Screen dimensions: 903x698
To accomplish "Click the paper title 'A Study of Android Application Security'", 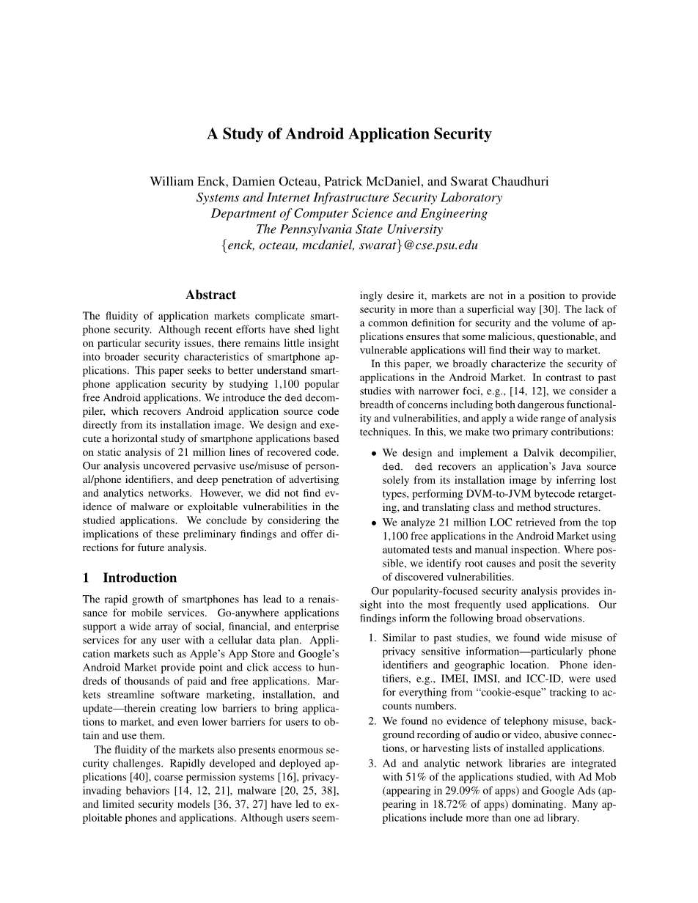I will click(x=349, y=134).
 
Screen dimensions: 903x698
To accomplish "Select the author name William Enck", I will click(x=180, y=181).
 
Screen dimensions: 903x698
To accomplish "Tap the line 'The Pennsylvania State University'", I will click(x=349, y=229).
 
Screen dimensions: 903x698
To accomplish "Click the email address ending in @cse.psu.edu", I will click(x=349, y=246).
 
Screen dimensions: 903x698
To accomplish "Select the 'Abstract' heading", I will click(x=210, y=295).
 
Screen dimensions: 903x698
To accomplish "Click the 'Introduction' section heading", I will click(x=139, y=578).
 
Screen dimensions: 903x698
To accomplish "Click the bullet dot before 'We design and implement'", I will click(x=374, y=454).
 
